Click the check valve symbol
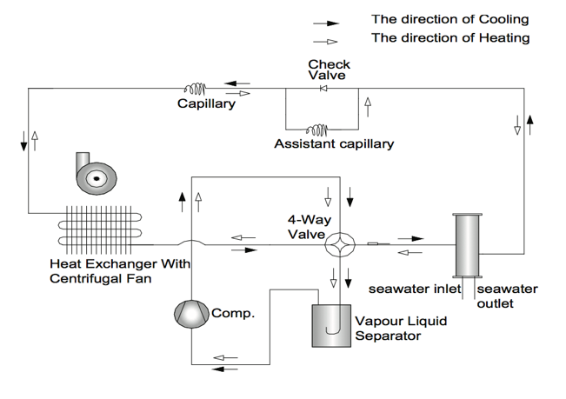pos(323,88)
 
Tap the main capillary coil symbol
pos(194,88)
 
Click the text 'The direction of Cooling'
pos(449,19)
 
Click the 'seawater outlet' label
pos(507,296)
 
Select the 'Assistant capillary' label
pos(334,144)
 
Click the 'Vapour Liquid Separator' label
pos(401,329)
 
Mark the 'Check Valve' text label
pos(330,70)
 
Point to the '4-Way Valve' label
pos(307,227)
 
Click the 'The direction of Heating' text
pos(450,38)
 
